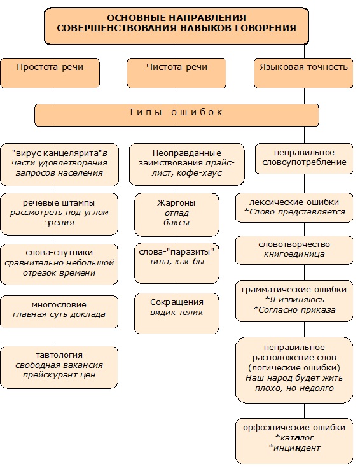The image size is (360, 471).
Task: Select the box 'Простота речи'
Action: [50, 71]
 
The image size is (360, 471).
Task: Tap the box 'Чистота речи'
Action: [176, 71]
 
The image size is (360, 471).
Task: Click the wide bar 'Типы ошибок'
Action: [176, 115]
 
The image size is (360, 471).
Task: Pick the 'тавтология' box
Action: [59, 367]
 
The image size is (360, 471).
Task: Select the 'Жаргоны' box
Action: [176, 214]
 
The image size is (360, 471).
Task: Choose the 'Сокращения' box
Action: [176, 312]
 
